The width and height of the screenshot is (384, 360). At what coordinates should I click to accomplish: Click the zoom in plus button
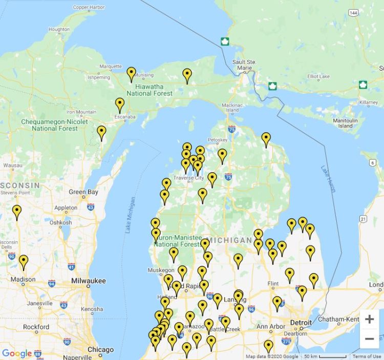[369, 320]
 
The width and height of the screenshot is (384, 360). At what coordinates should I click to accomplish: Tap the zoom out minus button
[369, 338]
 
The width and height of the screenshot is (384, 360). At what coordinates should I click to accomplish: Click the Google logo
[17, 353]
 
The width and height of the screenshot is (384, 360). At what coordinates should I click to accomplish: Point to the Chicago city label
[100, 350]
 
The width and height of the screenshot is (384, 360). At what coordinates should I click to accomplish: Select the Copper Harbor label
[89, 7]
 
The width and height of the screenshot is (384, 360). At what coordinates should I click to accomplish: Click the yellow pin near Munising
[132, 74]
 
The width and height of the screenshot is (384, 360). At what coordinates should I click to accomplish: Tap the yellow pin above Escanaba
[120, 105]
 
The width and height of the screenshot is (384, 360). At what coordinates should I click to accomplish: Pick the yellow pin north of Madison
[24, 262]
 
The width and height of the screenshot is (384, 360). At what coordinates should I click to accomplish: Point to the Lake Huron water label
[328, 179]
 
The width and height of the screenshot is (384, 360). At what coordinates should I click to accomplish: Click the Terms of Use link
[366, 356]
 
